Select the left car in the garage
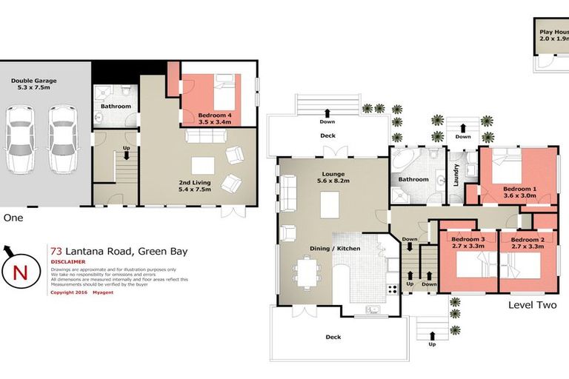click(20, 139)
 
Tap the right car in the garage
click(63, 139)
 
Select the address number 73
click(56, 252)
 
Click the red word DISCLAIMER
click(68, 262)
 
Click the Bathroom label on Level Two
click(413, 179)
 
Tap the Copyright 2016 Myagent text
click(79, 292)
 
